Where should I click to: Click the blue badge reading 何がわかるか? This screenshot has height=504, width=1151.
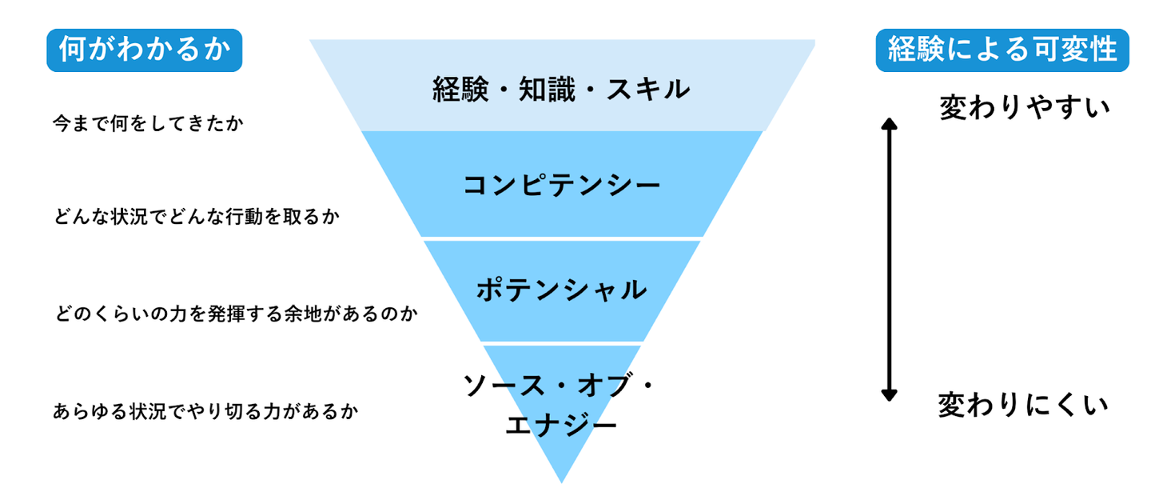(144, 50)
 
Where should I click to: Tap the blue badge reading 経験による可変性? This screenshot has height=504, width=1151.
(1002, 50)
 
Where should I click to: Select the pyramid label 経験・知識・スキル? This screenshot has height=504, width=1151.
(561, 89)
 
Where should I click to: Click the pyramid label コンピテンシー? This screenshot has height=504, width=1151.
(562, 186)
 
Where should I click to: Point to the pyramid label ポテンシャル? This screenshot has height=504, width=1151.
(561, 290)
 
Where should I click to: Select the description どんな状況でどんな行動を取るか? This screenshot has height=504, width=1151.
(191, 217)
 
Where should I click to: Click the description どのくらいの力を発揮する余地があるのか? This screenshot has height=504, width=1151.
(236, 313)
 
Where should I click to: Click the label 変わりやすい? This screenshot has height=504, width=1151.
(1024, 107)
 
